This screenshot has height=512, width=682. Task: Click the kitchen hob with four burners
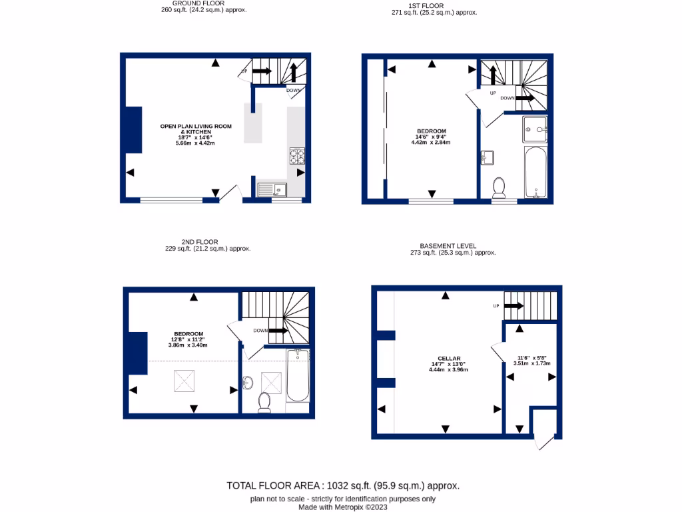[x=296, y=155]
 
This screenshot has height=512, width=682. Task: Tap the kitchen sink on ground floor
[x=271, y=189]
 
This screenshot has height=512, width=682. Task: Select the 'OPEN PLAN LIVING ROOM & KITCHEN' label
[x=196, y=129]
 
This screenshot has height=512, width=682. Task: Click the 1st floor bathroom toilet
[x=498, y=188]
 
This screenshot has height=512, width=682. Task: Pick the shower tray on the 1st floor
[x=535, y=129]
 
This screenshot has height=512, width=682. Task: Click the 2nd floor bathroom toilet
[x=264, y=401]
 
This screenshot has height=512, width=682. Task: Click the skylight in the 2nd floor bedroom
[x=186, y=381]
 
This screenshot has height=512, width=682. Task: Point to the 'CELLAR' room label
[x=444, y=358]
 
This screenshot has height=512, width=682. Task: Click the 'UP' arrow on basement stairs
[x=513, y=306]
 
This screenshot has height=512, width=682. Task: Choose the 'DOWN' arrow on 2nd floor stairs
[x=278, y=330]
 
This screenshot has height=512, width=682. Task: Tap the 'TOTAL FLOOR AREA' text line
[x=343, y=485]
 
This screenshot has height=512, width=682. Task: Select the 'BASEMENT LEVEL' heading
[x=448, y=246]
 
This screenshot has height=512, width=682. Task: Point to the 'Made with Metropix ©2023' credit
[x=343, y=507]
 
